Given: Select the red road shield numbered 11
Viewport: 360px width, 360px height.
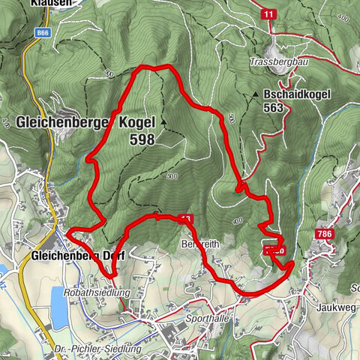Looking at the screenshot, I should [268, 13].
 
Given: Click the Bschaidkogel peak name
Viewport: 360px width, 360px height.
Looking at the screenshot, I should [293, 95].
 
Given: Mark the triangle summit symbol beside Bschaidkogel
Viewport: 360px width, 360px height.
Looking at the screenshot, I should [256, 95].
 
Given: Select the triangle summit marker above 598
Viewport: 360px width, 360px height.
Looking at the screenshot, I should [160, 120].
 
